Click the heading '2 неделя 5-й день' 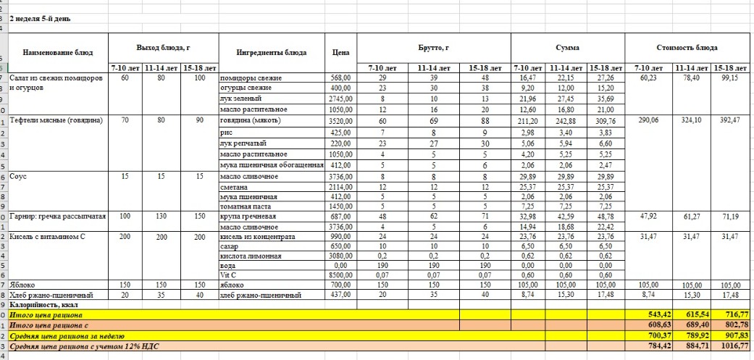coord(40,18)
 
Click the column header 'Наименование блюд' coord(56,51)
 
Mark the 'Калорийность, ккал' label coord(43,306)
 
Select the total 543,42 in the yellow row coord(648,315)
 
